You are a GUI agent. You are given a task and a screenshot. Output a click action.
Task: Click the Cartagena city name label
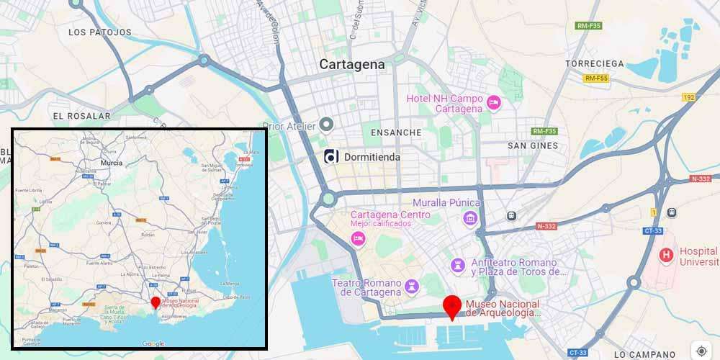352,64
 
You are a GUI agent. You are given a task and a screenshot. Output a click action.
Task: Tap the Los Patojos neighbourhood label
100,32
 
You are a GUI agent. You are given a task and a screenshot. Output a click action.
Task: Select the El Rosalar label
81,115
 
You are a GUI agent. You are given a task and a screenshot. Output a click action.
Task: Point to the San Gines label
533,145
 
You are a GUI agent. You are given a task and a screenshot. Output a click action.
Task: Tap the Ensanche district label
395,132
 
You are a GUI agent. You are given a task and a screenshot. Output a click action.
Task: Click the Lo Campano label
645,354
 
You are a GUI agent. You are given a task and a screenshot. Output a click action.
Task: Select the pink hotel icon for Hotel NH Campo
494,102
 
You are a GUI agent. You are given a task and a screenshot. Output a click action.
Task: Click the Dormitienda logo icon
331,156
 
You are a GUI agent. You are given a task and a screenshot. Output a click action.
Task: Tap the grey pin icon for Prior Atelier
326,125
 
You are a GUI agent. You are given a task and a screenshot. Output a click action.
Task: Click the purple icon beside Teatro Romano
412,287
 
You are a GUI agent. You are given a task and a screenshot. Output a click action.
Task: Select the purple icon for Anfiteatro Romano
456,266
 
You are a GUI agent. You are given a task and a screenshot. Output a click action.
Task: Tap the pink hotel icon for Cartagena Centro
358,238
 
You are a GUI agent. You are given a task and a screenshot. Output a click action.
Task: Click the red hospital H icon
666,255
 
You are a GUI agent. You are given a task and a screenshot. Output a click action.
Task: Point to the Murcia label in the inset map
112,163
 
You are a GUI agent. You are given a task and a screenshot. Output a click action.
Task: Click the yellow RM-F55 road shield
596,78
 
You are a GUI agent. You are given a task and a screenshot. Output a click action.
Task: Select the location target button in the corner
702,351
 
